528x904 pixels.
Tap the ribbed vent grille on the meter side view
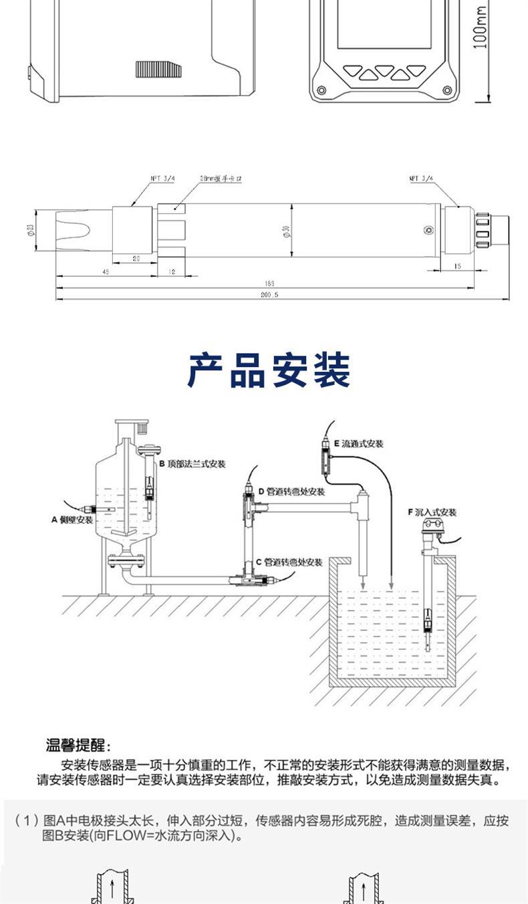(158, 70)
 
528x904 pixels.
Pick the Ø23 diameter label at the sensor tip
(31, 231)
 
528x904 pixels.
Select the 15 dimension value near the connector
(456, 265)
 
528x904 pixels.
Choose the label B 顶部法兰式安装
(190, 464)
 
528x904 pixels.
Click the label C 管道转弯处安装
(289, 562)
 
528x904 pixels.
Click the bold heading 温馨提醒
(78, 746)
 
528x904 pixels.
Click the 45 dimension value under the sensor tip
(106, 271)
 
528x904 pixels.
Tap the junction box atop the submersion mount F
(434, 533)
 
